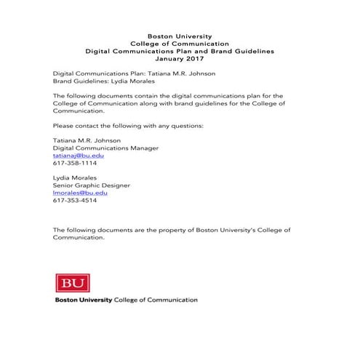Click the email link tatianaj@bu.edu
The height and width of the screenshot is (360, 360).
click(79, 156)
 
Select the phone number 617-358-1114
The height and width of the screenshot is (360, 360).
click(74, 164)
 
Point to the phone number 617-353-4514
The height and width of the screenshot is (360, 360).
click(74, 201)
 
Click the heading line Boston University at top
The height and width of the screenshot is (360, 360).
click(180, 36)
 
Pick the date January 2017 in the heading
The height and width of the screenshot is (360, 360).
click(180, 60)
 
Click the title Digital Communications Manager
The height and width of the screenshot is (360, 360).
click(105, 148)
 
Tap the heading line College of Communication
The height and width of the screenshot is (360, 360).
click(180, 44)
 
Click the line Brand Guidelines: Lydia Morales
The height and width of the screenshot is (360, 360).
click(100, 82)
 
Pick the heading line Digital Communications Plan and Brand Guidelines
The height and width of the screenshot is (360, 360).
click(180, 52)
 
